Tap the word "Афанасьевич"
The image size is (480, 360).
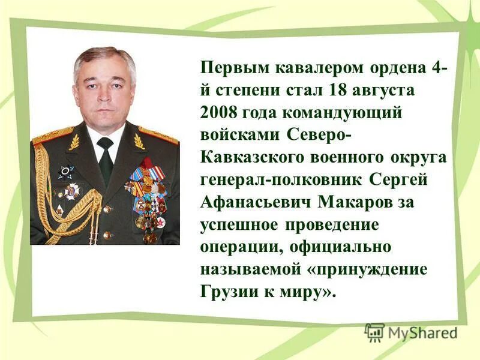(x=259, y=202)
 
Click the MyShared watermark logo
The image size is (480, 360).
(x=411, y=331)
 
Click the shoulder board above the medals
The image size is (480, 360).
(x=158, y=135)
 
